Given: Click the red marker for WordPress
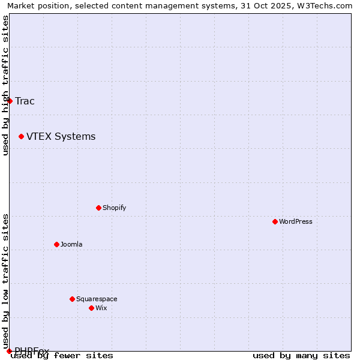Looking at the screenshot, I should pos(275,221).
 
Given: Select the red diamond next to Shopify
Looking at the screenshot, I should pos(98,208).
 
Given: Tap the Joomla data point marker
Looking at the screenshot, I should pos(56,244).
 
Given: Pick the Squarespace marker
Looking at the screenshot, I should pos(72,299).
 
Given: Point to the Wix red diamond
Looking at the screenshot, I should pos(91,308).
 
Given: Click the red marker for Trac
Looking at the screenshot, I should pos(10,101).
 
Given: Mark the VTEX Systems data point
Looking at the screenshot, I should pos(21,137).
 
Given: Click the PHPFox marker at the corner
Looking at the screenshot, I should pos(9,351).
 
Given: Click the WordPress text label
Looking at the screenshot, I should pos(296,221).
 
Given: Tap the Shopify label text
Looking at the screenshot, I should pos(114,208).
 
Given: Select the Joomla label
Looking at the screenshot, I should pos(71,244).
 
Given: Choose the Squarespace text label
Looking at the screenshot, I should pos(97,299).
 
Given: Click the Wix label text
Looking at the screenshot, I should pos(101,308).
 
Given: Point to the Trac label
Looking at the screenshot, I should pos(25,101).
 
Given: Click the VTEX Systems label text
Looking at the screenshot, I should pos(61,137).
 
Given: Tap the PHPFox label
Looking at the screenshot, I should pos(32,350).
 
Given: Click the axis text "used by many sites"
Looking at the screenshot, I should pos(301,356).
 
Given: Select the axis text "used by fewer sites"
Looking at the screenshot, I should pos(62,356).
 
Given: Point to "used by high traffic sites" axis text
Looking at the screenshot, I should pos(5,86).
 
